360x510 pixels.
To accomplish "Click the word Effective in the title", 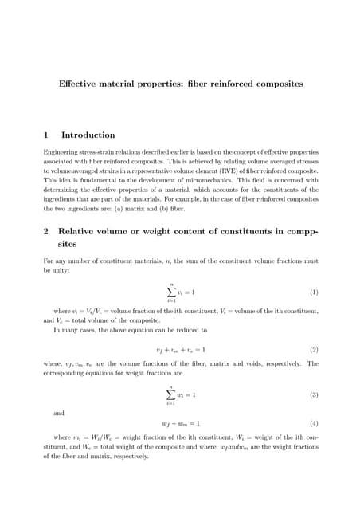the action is (x=77, y=82).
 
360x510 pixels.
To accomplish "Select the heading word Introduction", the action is (x=88, y=135).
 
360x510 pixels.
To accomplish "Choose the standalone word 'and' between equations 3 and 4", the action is (x=58, y=414).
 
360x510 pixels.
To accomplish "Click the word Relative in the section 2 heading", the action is (x=85, y=231).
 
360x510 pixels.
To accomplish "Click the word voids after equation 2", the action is (x=256, y=363).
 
